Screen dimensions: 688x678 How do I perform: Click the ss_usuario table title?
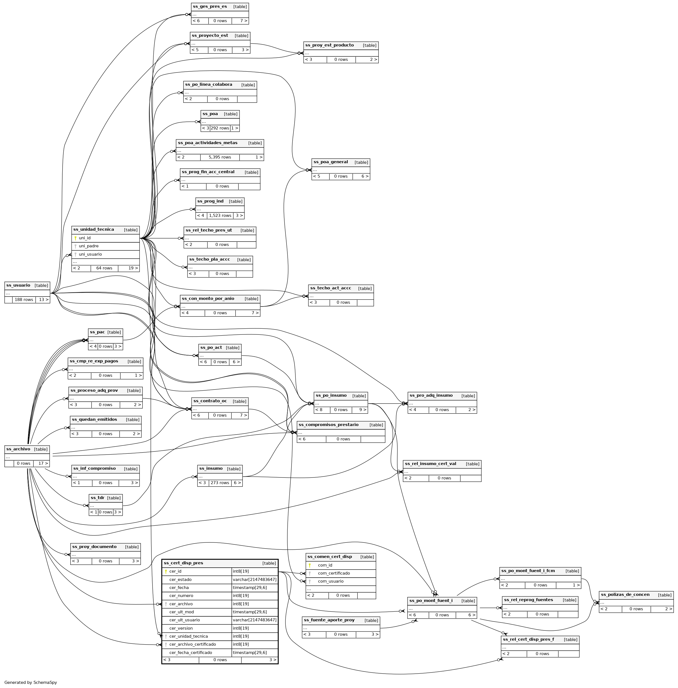[19, 285]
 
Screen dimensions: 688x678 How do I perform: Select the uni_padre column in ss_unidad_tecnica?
[89, 246]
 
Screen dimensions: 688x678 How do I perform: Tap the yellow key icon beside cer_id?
[166, 572]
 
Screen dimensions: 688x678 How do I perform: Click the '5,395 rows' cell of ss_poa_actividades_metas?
[220, 157]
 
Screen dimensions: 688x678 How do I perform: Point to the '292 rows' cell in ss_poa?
[220, 128]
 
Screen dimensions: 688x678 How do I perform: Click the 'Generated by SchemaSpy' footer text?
[31, 682]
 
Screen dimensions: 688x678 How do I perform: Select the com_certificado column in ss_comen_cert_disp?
[334, 573]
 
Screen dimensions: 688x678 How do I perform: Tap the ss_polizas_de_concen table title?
[625, 594]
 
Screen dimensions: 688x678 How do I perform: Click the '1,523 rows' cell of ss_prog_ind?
[220, 216]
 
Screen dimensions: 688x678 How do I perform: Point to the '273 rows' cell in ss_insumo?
[220, 483]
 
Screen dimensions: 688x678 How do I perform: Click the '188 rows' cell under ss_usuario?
[24, 300]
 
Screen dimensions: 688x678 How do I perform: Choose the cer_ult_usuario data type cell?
[254, 620]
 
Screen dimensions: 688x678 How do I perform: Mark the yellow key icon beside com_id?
[310, 565]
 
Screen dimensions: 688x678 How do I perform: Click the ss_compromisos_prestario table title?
[328, 425]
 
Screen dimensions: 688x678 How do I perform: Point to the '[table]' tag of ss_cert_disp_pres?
[269, 563]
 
